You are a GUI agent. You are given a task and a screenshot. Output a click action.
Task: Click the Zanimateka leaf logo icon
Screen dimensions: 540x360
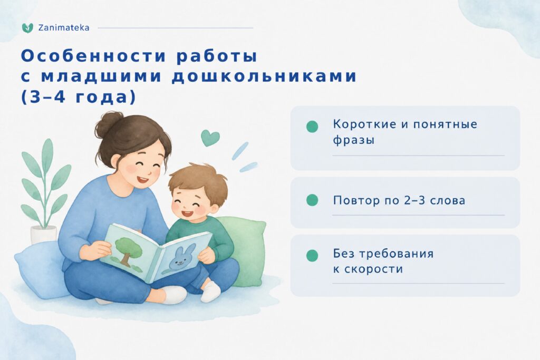pyautogui.click(x=27, y=28)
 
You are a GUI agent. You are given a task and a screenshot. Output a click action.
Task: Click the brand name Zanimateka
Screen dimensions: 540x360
pyautogui.click(x=64, y=28)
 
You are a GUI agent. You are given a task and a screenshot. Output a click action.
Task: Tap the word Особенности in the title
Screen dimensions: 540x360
pyautogui.click(x=94, y=56)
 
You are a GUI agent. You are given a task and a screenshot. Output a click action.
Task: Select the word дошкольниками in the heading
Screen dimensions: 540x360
pyautogui.click(x=264, y=76)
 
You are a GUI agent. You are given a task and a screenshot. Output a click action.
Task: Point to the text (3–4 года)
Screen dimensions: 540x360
pyautogui.click(x=79, y=97)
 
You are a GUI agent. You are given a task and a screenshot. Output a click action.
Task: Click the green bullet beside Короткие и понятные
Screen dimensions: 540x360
pyautogui.click(x=312, y=127)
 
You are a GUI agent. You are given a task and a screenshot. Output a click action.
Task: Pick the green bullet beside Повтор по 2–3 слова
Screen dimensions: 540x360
pyautogui.click(x=312, y=200)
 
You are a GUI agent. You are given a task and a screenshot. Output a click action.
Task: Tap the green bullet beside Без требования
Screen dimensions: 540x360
pyautogui.click(x=312, y=255)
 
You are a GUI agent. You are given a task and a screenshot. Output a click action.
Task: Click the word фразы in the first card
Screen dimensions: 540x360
pyautogui.click(x=354, y=140)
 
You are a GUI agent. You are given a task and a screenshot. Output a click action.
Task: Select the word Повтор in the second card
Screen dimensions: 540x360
pyautogui.click(x=356, y=200)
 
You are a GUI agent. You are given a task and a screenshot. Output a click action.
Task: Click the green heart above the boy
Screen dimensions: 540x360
pyautogui.click(x=210, y=138)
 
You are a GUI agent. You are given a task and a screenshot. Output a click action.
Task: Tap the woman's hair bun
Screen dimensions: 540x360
pyautogui.click(x=109, y=124)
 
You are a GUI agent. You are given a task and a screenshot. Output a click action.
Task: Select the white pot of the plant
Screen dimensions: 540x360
pyautogui.click(x=43, y=235)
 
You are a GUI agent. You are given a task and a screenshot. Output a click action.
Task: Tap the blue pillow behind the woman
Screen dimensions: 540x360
pyautogui.click(x=40, y=268)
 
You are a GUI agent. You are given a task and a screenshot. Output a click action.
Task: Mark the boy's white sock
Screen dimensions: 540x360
pyautogui.click(x=211, y=292)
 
